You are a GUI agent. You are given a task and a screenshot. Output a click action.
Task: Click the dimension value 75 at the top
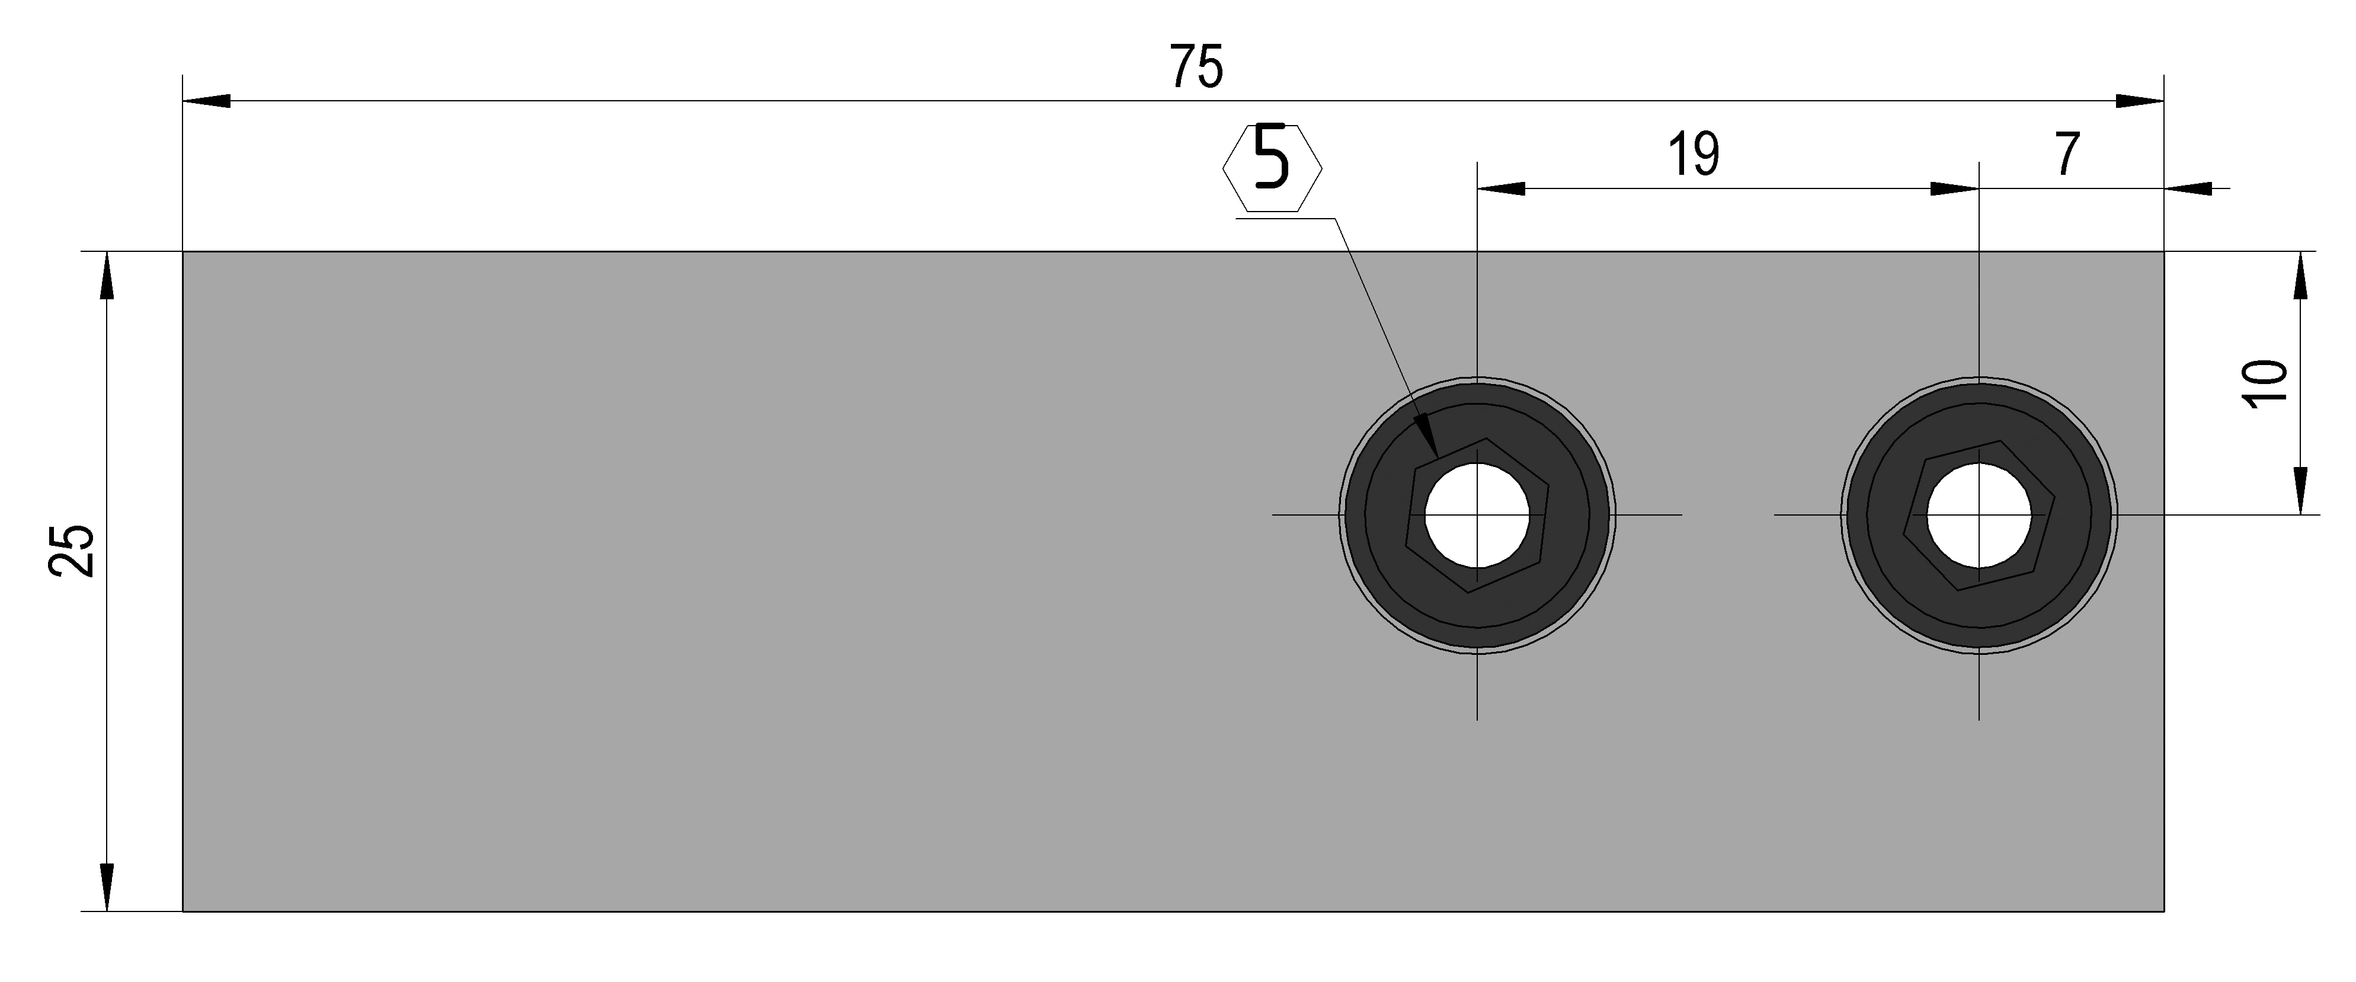pyautogui.click(x=1196, y=68)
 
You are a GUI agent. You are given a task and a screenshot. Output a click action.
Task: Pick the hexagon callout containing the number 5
pyautogui.click(x=1272, y=168)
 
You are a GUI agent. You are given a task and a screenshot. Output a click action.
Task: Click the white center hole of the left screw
pyautogui.click(x=1477, y=515)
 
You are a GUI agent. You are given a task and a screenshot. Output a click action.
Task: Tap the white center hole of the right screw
pyautogui.click(x=1979, y=515)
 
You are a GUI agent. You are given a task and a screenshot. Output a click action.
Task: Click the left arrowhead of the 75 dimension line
pyautogui.click(x=207, y=101)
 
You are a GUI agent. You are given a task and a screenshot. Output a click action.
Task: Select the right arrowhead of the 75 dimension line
pyautogui.click(x=2140, y=101)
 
